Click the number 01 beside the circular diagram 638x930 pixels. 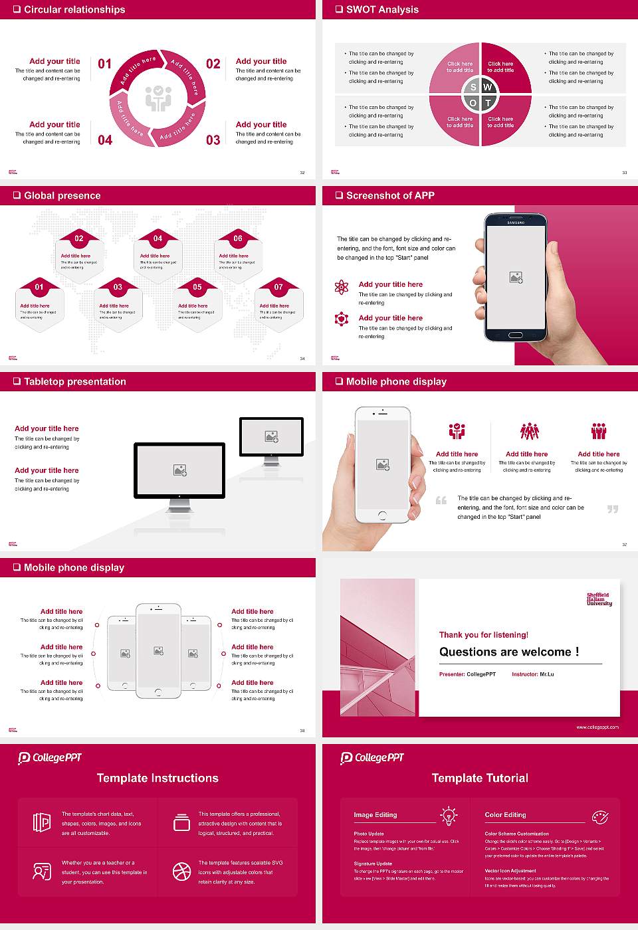pyautogui.click(x=105, y=64)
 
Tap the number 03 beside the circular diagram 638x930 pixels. pyautogui.click(x=213, y=140)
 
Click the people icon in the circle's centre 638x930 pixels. pyautogui.click(x=158, y=98)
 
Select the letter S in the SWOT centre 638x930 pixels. pyautogui.click(x=473, y=87)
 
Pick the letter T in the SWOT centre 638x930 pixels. pyautogui.click(x=488, y=103)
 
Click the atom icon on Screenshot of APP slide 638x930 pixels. pyautogui.click(x=342, y=287)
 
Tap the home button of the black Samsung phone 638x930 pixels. pyautogui.click(x=516, y=335)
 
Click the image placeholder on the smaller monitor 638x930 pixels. pyautogui.click(x=271, y=436)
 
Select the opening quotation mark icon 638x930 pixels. pyautogui.click(x=441, y=500)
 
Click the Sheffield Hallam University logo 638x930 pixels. pyautogui.click(x=599, y=599)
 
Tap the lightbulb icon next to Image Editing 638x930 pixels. pyautogui.click(x=449, y=815)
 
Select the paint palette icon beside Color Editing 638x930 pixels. pyautogui.click(x=599, y=816)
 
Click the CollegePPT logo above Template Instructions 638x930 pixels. pyautogui.click(x=50, y=758)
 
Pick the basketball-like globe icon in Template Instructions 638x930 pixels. pyautogui.click(x=181, y=872)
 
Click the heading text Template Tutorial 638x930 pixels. pyautogui.click(x=480, y=778)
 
